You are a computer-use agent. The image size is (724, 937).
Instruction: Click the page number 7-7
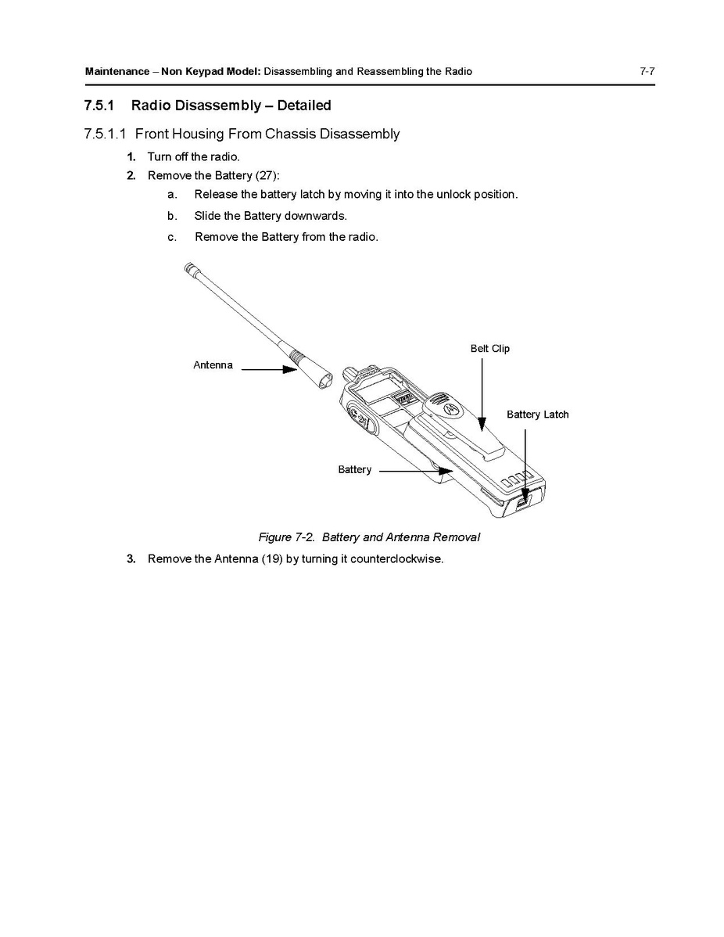[x=646, y=71]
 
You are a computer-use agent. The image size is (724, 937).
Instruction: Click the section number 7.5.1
[x=99, y=106]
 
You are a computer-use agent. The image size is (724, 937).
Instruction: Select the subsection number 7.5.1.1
[x=106, y=134]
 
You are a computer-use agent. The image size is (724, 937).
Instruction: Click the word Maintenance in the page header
[x=117, y=71]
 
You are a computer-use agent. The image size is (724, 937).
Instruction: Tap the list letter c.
[x=171, y=237]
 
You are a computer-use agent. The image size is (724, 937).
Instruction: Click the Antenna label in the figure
[x=213, y=365]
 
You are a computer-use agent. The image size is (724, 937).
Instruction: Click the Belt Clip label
[x=489, y=349]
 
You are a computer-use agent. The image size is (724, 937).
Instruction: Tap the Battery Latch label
[x=537, y=415]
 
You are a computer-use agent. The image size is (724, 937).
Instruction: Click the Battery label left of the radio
[x=354, y=469]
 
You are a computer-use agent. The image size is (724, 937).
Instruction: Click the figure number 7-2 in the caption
[x=304, y=537]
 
